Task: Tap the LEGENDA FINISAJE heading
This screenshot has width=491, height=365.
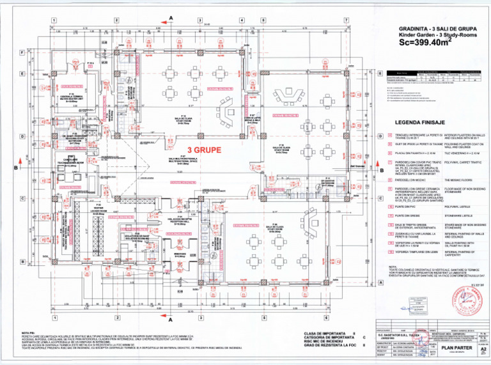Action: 419,121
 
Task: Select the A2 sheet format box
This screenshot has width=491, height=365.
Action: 483,350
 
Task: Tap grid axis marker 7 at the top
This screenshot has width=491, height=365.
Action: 346,20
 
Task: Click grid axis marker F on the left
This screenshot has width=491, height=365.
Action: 22,52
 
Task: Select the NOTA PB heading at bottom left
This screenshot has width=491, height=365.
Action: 28,333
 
